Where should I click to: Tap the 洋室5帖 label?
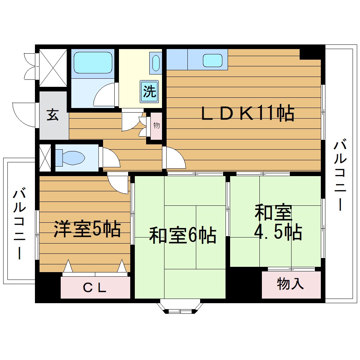[x=87, y=229]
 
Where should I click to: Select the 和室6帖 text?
[x=182, y=235]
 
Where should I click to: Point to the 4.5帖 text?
[x=278, y=232]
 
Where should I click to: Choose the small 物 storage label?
[x=156, y=125]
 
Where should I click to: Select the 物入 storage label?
[x=290, y=284]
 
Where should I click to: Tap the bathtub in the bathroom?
[x=92, y=63]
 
